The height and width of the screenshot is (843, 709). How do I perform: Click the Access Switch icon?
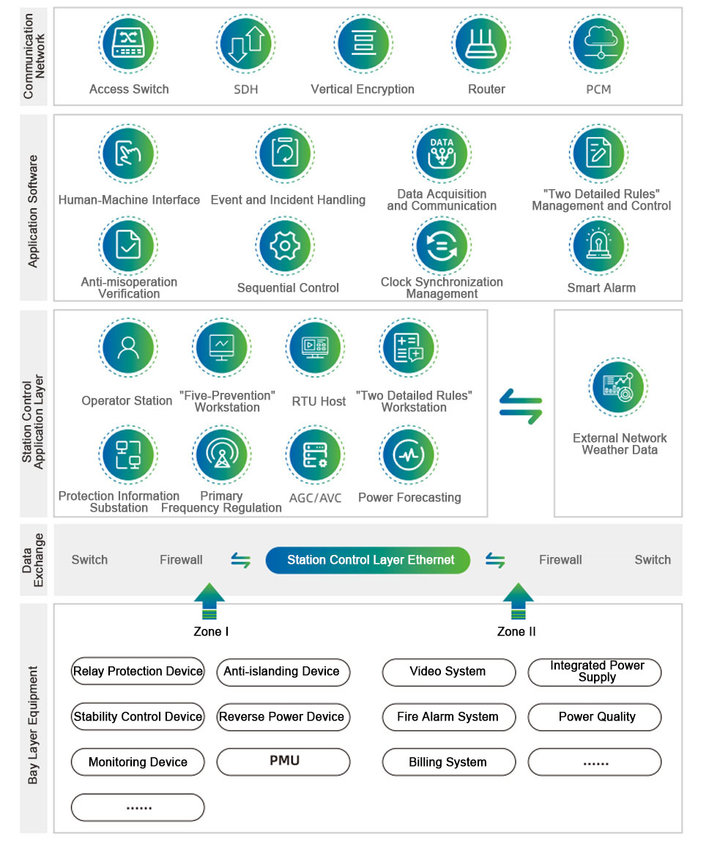pos(129,44)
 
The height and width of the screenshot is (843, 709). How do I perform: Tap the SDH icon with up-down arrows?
pos(246,44)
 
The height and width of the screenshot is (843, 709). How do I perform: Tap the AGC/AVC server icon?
pos(316,454)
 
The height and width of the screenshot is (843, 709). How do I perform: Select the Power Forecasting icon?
pos(409,454)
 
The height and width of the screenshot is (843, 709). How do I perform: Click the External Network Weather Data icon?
pos(619,387)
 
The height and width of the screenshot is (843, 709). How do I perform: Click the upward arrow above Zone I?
pos(209,601)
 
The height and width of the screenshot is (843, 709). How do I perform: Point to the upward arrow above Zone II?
pos(518,601)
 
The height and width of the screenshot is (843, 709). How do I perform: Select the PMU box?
pos(284,762)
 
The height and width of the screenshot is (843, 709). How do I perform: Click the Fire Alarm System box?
pos(448,717)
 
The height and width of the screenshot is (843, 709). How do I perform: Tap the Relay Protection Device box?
pos(138,671)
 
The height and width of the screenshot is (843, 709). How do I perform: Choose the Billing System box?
pos(448,762)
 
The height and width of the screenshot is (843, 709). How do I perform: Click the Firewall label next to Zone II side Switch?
pos(560,560)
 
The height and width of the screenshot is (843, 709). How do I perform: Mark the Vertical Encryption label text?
pos(363,89)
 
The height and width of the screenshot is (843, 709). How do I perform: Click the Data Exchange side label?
pos(34,559)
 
